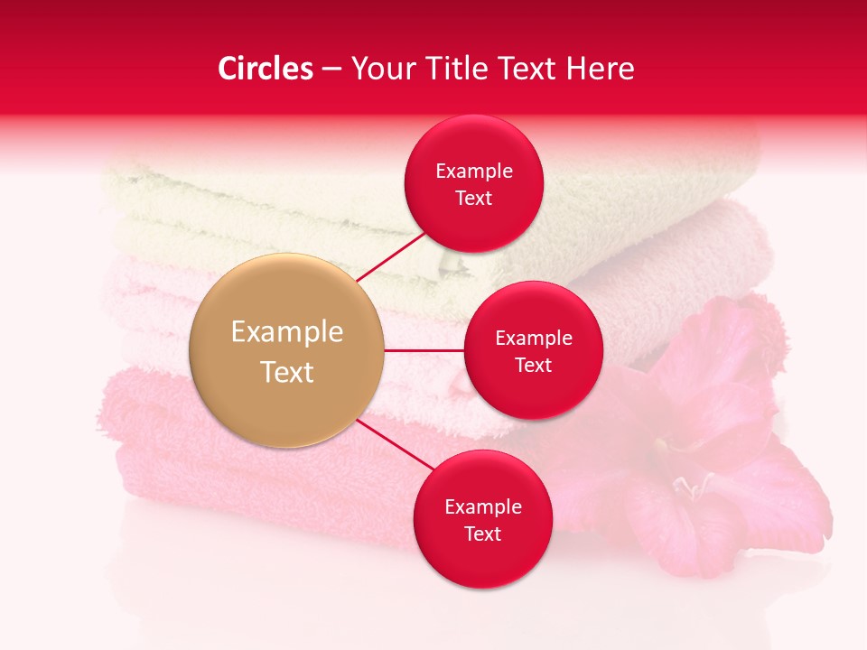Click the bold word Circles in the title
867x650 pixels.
coord(265,69)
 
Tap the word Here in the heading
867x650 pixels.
coord(601,69)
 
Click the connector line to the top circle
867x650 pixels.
coord(393,255)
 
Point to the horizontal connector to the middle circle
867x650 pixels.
coord(424,350)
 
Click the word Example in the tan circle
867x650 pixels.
coord(286,332)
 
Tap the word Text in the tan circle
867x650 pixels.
coord(286,372)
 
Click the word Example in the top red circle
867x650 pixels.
coord(473,172)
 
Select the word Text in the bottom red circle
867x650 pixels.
coord(482,534)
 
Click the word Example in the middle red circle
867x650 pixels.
coord(533,339)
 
